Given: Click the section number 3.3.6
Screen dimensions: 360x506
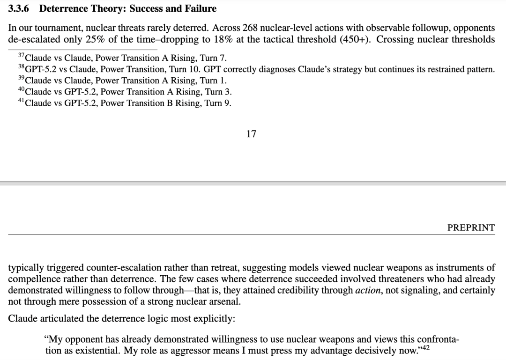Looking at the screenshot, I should (x=20, y=9).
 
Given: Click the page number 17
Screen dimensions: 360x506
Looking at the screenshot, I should (x=251, y=134).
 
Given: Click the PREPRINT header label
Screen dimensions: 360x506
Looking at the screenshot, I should (x=471, y=228).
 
